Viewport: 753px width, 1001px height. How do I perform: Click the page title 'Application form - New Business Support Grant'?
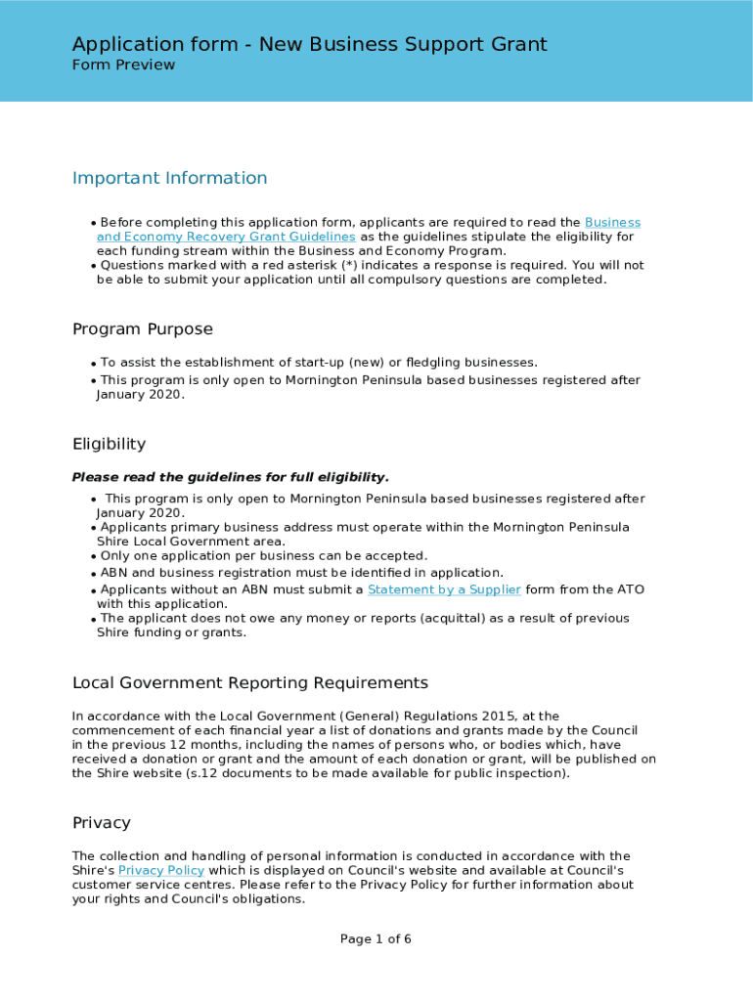point(309,44)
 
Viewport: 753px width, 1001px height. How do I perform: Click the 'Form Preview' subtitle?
point(123,65)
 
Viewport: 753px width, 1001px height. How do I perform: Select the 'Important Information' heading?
point(169,178)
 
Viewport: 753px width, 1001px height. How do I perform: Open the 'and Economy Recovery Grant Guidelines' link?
point(226,237)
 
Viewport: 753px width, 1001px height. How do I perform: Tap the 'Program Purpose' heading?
point(143,329)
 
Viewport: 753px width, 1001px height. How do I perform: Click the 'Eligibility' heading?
point(109,444)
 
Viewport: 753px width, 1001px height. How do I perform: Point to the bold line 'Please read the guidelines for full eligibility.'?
point(231,477)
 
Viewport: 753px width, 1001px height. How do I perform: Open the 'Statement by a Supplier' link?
point(444,589)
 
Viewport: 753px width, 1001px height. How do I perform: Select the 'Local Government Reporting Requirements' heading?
point(250,682)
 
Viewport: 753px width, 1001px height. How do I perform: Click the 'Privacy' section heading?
point(102,823)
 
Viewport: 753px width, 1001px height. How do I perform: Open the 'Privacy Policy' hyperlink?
point(161,870)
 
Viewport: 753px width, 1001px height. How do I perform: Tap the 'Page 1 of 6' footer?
point(376,939)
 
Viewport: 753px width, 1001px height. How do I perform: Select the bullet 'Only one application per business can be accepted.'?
point(263,555)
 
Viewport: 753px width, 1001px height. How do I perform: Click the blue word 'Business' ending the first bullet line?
point(612,223)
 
